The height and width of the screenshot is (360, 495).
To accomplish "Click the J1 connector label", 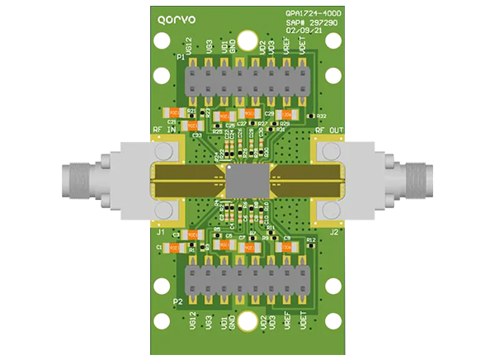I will point(160,232).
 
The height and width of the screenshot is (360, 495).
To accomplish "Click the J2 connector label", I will point(333,232).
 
